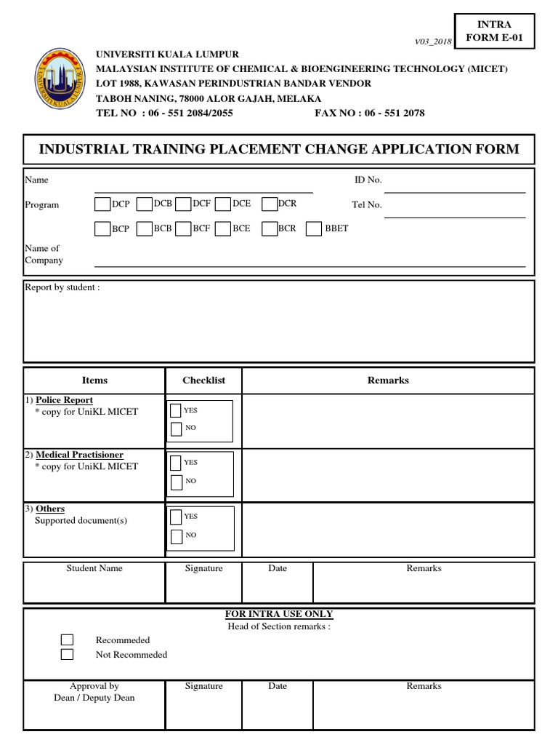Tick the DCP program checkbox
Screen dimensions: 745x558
[102, 204]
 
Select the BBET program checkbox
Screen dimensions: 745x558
[314, 229]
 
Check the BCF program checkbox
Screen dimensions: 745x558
[182, 229]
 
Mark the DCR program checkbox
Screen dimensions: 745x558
[270, 204]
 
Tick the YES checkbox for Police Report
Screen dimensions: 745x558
[176, 410]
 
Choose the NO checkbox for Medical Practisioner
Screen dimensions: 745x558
[176, 482]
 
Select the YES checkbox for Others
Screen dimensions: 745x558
[176, 517]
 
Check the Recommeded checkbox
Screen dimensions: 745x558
[67, 640]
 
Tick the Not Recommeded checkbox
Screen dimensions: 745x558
[67, 654]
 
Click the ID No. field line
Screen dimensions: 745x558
[454, 191]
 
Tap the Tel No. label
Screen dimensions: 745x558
[367, 205]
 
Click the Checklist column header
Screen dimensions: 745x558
[204, 381]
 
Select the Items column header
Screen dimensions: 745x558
[94, 381]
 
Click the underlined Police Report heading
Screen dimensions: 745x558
[64, 400]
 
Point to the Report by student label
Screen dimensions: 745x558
[62, 287]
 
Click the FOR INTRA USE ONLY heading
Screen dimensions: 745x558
[279, 614]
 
